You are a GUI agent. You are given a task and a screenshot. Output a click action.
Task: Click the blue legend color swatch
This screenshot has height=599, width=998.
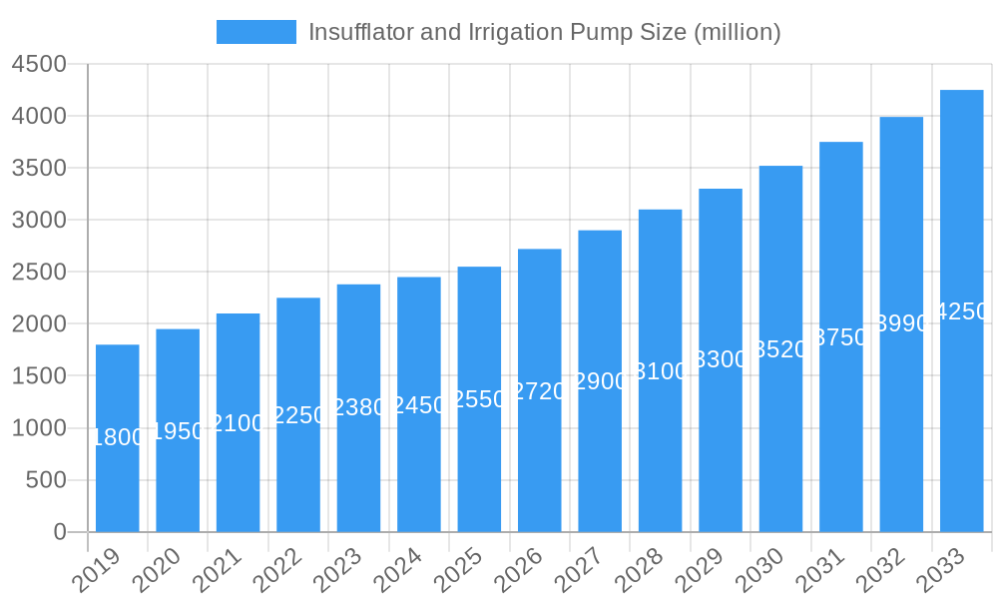point(256,32)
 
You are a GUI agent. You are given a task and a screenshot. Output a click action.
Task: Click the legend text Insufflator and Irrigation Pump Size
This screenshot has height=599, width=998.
point(544,32)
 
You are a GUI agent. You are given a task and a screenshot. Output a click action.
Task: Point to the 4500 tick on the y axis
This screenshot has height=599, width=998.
point(39,64)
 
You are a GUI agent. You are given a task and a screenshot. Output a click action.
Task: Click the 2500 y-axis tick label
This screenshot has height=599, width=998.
point(39,272)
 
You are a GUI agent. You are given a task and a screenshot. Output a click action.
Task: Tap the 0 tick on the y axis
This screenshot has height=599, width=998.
point(59,532)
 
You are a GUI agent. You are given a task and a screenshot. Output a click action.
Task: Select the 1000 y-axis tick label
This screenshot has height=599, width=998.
point(39,428)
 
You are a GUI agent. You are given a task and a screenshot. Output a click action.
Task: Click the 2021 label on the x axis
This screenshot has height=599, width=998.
point(217,571)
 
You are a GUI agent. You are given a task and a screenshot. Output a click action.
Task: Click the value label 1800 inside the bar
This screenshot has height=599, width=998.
point(118,437)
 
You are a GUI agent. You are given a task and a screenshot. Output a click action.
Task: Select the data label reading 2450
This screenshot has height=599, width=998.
point(419,405)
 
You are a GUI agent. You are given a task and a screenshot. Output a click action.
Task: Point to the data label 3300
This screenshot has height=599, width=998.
point(721,360)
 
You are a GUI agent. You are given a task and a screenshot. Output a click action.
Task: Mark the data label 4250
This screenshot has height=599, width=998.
point(962,311)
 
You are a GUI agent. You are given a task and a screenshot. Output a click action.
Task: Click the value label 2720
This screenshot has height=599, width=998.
point(540,391)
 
